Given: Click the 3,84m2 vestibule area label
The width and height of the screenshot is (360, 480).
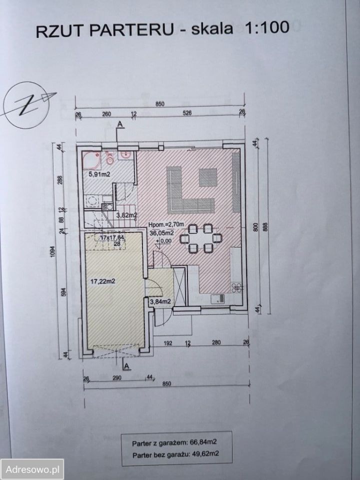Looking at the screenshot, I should coord(160,301).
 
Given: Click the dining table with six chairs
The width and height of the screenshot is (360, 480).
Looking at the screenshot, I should coord(200,238).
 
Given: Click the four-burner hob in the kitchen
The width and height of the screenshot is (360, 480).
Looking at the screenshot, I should coord(237,287).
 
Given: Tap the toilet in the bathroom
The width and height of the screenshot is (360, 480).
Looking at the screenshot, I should coord(110,159).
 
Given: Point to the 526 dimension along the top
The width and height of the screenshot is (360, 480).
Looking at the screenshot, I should coord(187,113).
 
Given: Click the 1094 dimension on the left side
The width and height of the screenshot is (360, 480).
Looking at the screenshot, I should coord(53,254).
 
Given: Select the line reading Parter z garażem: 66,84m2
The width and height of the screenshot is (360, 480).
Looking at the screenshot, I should coord(176,443).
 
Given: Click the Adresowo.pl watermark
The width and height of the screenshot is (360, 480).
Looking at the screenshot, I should coord(32,469).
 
